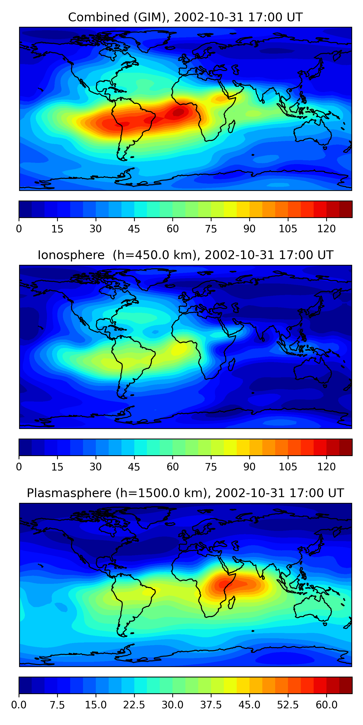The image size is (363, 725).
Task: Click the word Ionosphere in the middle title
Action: pos(71,255)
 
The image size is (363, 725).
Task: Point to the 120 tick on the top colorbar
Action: pos(326,229)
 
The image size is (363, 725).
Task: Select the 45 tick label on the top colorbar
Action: pos(134,229)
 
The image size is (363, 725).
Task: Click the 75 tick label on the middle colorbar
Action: pos(211,467)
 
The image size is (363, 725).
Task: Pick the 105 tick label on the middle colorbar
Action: pos(288,467)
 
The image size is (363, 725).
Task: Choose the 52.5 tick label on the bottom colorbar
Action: pos(288,705)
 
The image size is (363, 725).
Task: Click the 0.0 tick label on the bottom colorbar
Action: pos(19,705)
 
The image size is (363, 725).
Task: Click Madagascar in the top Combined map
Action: pos(232,126)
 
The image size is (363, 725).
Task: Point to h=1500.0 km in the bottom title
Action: pos(163,493)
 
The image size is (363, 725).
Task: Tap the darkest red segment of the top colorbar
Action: pos(346,209)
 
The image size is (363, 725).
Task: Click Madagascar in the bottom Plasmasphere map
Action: pos(232,602)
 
